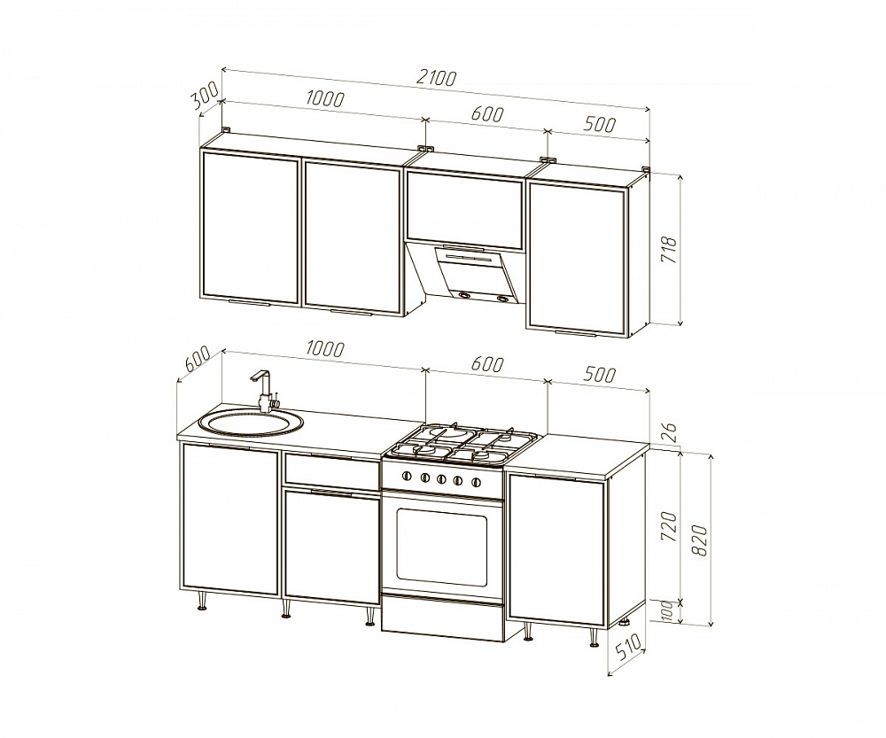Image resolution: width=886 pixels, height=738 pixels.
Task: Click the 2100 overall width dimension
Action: coord(435,78)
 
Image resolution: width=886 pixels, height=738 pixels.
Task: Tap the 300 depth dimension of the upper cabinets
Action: coord(205,95)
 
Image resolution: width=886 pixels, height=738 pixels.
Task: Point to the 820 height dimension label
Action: coord(700,540)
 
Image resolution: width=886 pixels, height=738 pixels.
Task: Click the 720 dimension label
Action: coord(668,526)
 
